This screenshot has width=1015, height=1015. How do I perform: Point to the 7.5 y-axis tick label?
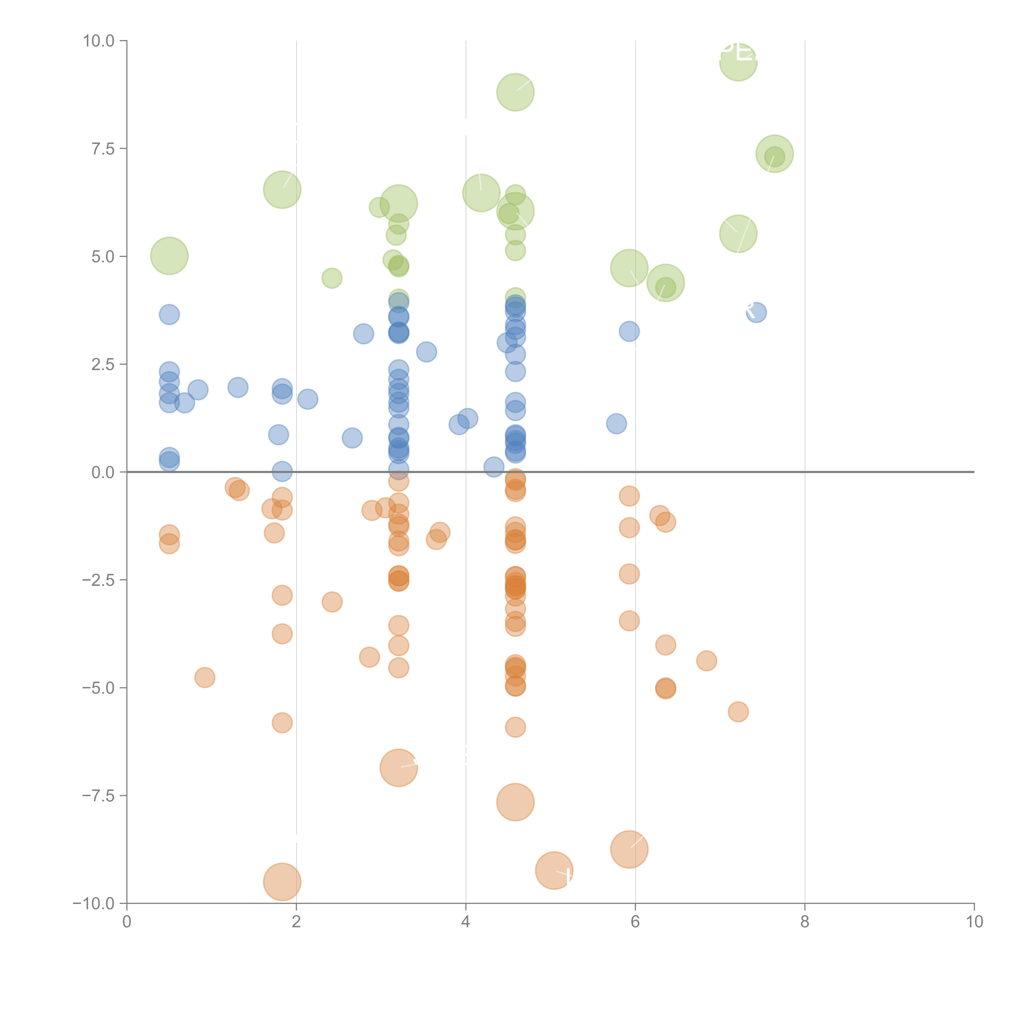pyautogui.click(x=103, y=149)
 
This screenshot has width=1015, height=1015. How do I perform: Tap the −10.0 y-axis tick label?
pyautogui.click(x=94, y=904)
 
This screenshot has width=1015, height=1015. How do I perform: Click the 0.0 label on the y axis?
pyautogui.click(x=103, y=472)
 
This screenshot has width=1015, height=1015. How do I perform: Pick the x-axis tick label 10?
pyautogui.click(x=974, y=922)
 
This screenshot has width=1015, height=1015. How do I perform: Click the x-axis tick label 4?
pyautogui.click(x=465, y=922)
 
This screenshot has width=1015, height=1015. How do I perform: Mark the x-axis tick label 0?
pyautogui.click(x=127, y=922)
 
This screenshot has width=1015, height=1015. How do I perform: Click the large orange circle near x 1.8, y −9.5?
pyautogui.click(x=282, y=882)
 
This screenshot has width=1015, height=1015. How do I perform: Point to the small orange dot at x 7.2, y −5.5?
pyautogui.click(x=738, y=712)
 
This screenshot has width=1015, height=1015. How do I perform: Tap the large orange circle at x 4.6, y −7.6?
pyautogui.click(x=515, y=802)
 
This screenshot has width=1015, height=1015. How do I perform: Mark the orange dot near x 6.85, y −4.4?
pyautogui.click(x=707, y=661)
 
